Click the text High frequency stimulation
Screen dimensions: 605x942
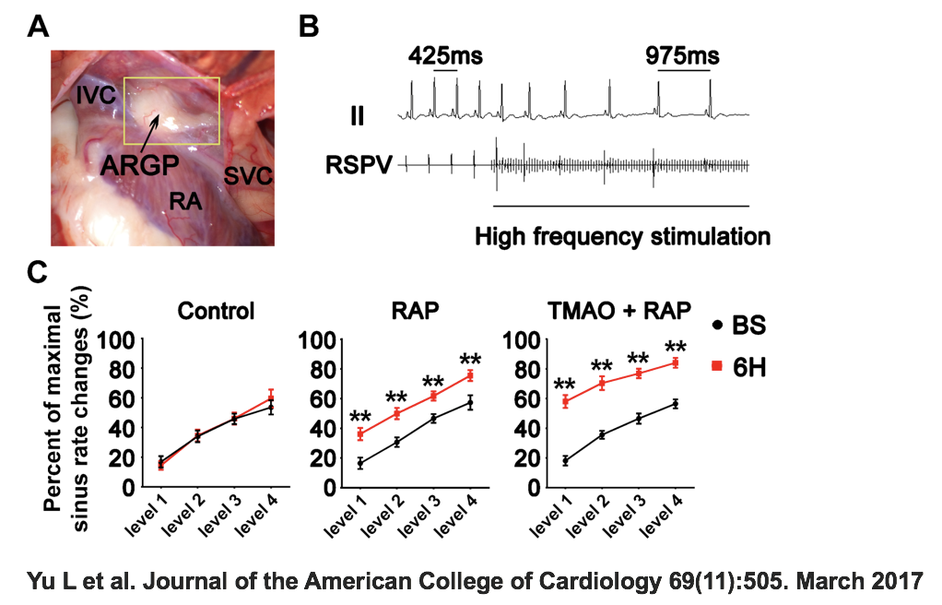pyautogui.click(x=622, y=237)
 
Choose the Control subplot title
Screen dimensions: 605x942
pyautogui.click(x=217, y=311)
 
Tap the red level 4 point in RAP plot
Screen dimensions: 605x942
pyautogui.click(x=470, y=375)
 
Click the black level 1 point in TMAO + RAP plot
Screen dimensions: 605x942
pyautogui.click(x=565, y=460)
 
